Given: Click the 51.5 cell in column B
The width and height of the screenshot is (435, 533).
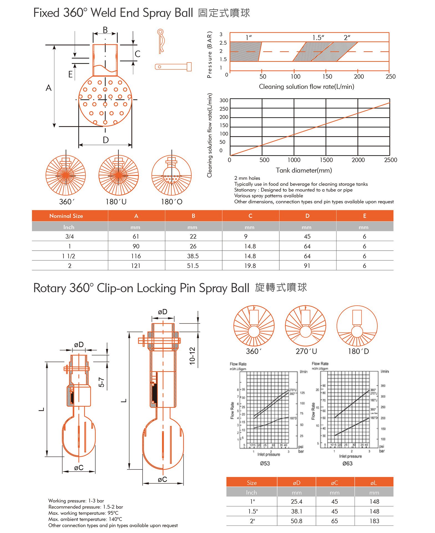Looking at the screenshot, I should pos(193,266).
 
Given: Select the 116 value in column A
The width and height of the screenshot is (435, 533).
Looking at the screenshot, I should pos(136,256).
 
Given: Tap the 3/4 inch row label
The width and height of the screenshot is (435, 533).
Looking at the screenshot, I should pos(70,237).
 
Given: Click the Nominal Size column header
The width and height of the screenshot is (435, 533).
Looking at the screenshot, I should pos(66,216).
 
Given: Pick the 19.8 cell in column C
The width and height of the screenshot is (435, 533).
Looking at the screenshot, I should pos(250,266).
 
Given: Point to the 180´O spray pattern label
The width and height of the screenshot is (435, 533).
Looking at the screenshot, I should pos(172,202).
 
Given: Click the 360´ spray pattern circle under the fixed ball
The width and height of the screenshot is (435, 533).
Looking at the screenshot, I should pos(66,175).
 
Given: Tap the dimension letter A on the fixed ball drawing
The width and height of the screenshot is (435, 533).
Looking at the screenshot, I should pos(49,88).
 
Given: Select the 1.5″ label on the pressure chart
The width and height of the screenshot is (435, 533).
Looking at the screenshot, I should pos(318,37).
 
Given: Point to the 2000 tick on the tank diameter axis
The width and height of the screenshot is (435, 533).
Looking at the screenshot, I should pos(358,160).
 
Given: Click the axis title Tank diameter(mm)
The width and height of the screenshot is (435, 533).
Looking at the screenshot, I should pos(304,170).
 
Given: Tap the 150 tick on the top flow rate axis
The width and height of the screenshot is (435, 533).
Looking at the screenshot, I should pos(327,76).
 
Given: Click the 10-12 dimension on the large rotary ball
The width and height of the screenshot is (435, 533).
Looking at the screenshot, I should pos(192,356).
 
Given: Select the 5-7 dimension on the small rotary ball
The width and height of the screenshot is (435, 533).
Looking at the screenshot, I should pos(102,382).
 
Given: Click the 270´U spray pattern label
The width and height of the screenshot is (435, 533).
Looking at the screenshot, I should pos(306,351).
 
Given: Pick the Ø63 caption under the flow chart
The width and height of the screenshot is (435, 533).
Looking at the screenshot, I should pos(347,463).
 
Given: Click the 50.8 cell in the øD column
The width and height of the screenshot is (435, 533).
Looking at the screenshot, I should pos(296,521).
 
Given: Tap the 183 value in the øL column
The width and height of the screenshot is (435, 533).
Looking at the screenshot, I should pos(374,521).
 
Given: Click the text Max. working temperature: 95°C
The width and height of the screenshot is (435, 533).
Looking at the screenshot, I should pos(83,513).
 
